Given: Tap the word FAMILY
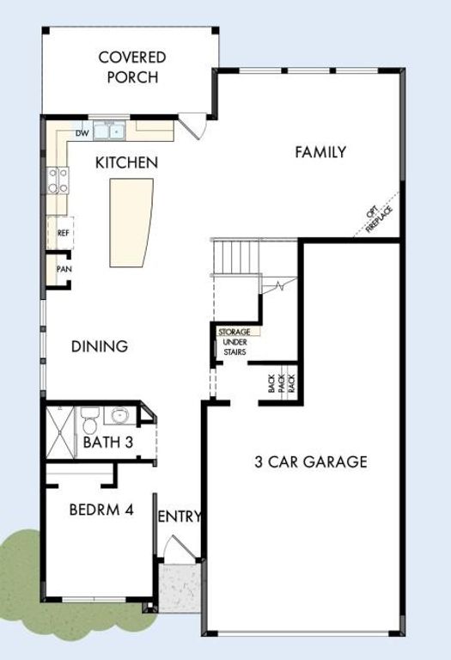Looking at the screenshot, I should coord(320,152).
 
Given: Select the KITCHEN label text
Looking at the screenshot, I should coord(126,162).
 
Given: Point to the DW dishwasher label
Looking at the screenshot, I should coord(82,133).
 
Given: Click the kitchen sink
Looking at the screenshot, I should coord(109,132).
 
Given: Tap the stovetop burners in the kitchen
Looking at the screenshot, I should coord(58,180).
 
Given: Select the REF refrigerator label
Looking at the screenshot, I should coord(63,232).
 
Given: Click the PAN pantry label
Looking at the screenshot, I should coord(63,269).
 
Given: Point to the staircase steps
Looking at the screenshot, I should coord(236,256).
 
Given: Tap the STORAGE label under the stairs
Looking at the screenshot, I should coord(234,332).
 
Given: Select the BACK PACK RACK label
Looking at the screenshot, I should coord(281,383).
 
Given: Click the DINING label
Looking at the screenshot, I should coord(100,346).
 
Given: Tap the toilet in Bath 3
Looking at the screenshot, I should coord(89,421).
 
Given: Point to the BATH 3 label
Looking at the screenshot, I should coord(107,443).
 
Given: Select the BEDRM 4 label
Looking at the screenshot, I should coord(101,509).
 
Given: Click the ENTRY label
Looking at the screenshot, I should coord(180,516).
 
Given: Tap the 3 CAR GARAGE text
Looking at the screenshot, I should coord(310,462).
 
